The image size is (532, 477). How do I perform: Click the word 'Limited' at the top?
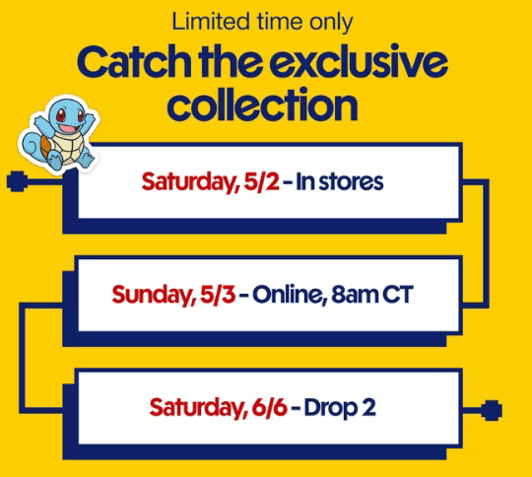(x=211, y=22)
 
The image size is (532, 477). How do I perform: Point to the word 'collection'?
(x=262, y=105)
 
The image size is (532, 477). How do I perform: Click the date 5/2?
(x=262, y=182)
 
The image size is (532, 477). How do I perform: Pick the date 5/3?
(x=218, y=295)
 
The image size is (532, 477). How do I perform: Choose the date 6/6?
(x=270, y=407)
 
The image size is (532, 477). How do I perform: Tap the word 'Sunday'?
(x=154, y=296)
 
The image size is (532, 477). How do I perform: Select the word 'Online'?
(x=289, y=295)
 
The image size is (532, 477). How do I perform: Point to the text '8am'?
(x=355, y=295)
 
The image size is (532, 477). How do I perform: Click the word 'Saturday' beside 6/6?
(x=198, y=408)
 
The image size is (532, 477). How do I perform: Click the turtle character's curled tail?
(x=33, y=146)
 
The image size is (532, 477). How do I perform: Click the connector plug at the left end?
(x=17, y=181)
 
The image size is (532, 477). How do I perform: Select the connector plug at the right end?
(x=492, y=410)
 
